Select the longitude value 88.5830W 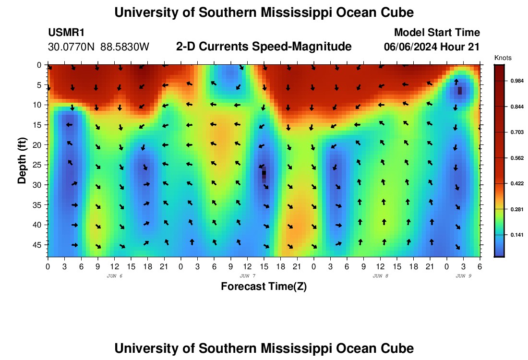point(125,47)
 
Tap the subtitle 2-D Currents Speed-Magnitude point(264,47)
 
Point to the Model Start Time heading point(436,33)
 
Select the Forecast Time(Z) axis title point(264,287)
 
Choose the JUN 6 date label point(114,276)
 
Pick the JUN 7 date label point(247,276)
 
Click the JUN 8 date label point(380,276)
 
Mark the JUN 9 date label point(463,276)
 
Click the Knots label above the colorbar point(503,58)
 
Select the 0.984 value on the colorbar point(512,81)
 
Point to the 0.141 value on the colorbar point(512,235)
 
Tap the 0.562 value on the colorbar point(512,157)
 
